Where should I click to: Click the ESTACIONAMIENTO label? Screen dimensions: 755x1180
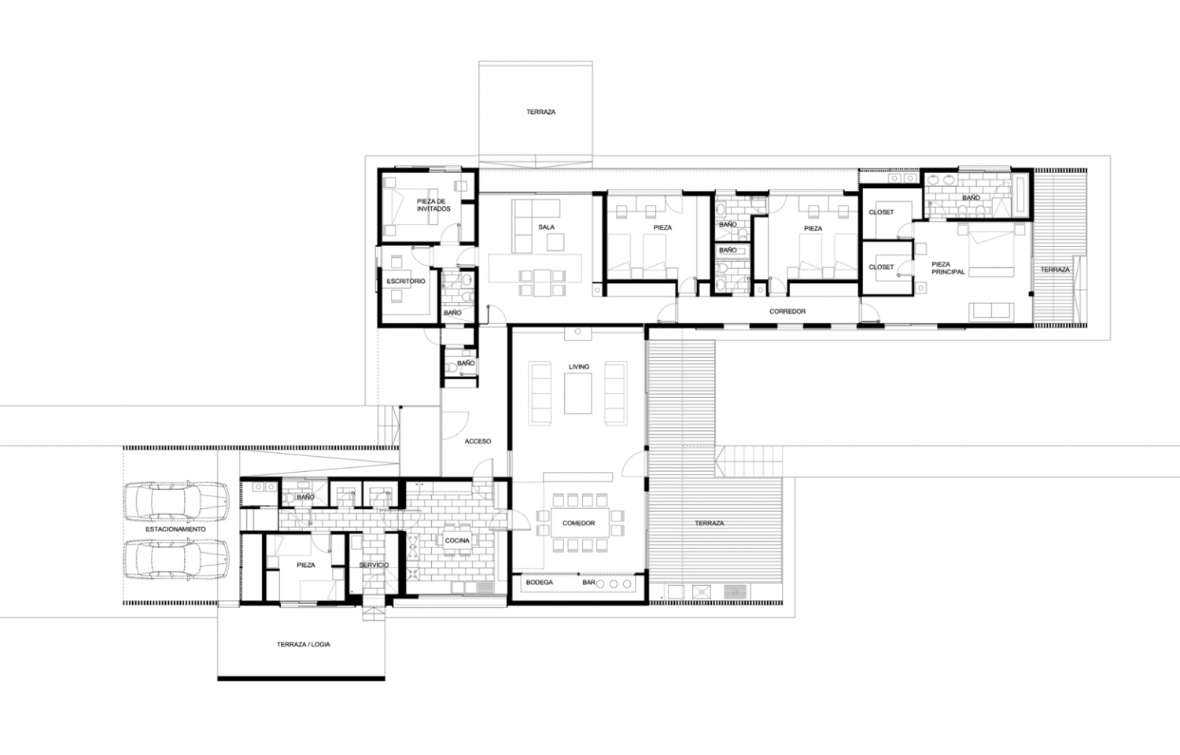pos(175,529)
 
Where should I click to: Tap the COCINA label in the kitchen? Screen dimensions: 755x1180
pos(457,540)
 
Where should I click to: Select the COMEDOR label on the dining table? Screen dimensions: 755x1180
pos(578,523)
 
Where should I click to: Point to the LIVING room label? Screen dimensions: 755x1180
pos(578,367)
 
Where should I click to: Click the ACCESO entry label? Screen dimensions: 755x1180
pos(478,441)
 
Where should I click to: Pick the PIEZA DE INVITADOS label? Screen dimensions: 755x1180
pos(433,205)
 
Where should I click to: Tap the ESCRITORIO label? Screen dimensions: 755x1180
pos(406,281)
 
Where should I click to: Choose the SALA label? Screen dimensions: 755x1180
pos(546,227)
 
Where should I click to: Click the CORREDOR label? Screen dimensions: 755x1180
pos(787,311)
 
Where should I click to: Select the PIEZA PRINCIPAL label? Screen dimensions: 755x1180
pos(948,268)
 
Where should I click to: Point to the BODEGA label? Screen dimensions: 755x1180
pos(540,583)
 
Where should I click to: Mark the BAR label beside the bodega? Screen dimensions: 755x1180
pos(588,583)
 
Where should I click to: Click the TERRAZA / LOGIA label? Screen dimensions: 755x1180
pos(303,644)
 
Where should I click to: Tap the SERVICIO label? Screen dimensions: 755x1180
pos(374,565)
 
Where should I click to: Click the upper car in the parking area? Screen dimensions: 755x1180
pos(176,502)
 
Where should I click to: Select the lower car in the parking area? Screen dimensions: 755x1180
pos(176,559)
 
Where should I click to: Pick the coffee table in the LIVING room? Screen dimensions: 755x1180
pos(577,393)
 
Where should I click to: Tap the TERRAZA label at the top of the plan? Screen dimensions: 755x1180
pos(540,112)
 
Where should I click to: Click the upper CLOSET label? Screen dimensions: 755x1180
pos(881,212)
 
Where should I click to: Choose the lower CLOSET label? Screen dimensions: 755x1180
pos(881,267)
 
